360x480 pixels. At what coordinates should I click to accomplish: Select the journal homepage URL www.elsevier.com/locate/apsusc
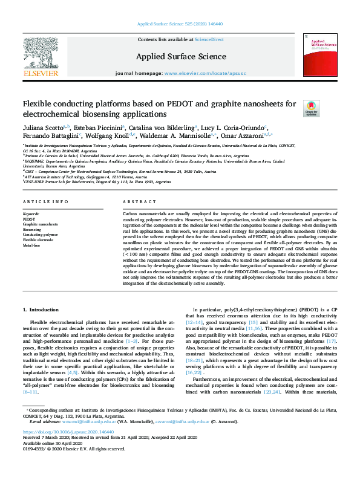click(x=198, y=73)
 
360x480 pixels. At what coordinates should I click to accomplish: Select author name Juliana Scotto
click(x=41, y=128)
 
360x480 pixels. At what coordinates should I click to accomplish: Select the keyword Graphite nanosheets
click(x=36, y=207)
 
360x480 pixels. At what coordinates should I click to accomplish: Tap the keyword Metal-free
click(x=32, y=229)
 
